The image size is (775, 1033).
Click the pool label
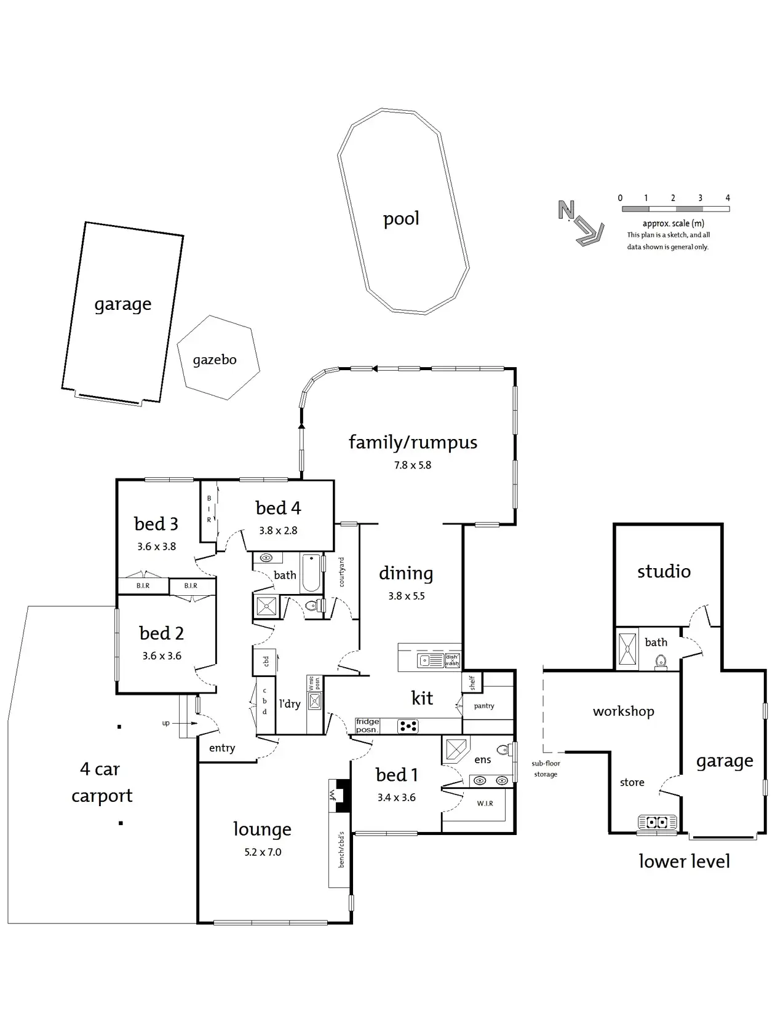pyautogui.click(x=401, y=219)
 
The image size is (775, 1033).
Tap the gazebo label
pyautogui.click(x=215, y=360)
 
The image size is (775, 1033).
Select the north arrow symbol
pyautogui.click(x=578, y=223)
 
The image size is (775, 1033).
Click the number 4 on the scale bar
pyautogui.click(x=728, y=198)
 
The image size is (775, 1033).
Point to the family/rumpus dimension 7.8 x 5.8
pyautogui.click(x=413, y=465)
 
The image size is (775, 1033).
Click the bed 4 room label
pyautogui.click(x=278, y=508)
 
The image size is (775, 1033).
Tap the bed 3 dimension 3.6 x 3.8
pyautogui.click(x=156, y=547)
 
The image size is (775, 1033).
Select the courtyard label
pyautogui.click(x=342, y=572)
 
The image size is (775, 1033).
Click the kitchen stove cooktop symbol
pyautogui.click(x=408, y=727)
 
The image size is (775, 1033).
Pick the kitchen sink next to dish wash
pyautogui.click(x=426, y=661)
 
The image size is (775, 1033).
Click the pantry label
pyautogui.click(x=484, y=706)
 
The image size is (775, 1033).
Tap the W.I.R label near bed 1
pyautogui.click(x=485, y=804)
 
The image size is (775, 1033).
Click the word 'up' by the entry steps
pyautogui.click(x=166, y=723)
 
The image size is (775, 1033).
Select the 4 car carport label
pyautogui.click(x=101, y=782)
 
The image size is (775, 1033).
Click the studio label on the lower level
pyautogui.click(x=664, y=572)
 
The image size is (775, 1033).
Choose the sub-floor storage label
pyautogui.click(x=546, y=769)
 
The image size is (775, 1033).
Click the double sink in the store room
pyautogui.click(x=657, y=822)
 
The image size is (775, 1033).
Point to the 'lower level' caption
pyautogui.click(x=684, y=861)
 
